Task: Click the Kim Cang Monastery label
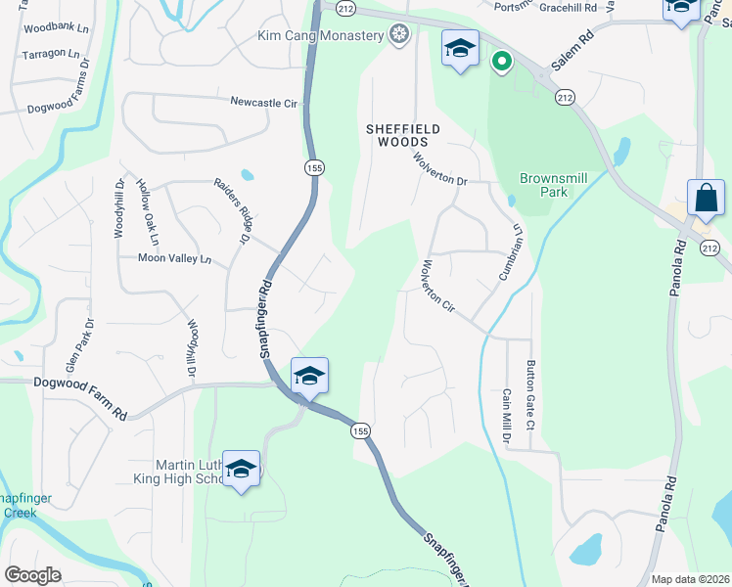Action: point(319,36)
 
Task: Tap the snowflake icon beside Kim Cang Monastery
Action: point(398,36)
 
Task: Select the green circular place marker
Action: point(501,63)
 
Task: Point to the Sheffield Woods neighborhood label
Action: point(402,135)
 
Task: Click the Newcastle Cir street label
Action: point(263,102)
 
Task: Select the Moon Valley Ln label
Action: point(174,259)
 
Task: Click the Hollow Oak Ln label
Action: point(148,212)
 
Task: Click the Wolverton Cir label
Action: point(436,287)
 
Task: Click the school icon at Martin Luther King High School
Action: point(241,470)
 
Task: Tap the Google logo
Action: point(32,575)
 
